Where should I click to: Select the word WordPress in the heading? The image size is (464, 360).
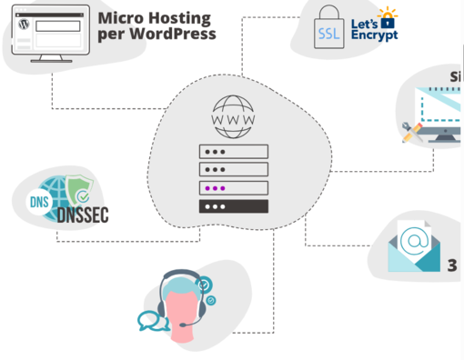172,35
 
